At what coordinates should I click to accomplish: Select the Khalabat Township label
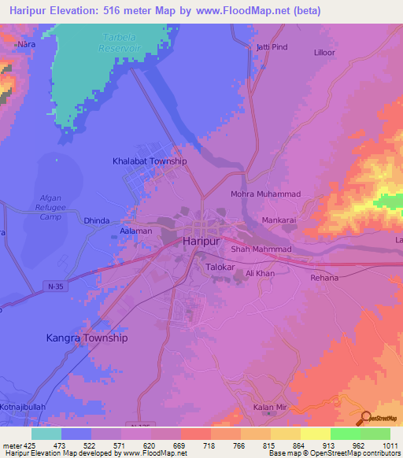pyautogui.click(x=150, y=161)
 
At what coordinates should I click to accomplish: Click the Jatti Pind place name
pyautogui.click(x=272, y=48)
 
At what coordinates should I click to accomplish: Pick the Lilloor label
pyautogui.click(x=324, y=52)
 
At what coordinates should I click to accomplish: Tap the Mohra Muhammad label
pyautogui.click(x=265, y=194)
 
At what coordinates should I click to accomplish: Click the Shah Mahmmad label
pyautogui.click(x=261, y=249)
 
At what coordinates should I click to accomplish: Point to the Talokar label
pyautogui.click(x=221, y=268)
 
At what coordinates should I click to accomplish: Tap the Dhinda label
pyautogui.click(x=96, y=221)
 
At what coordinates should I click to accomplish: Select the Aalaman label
pyautogui.click(x=136, y=232)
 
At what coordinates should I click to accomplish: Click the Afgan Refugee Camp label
pyautogui.click(x=50, y=206)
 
